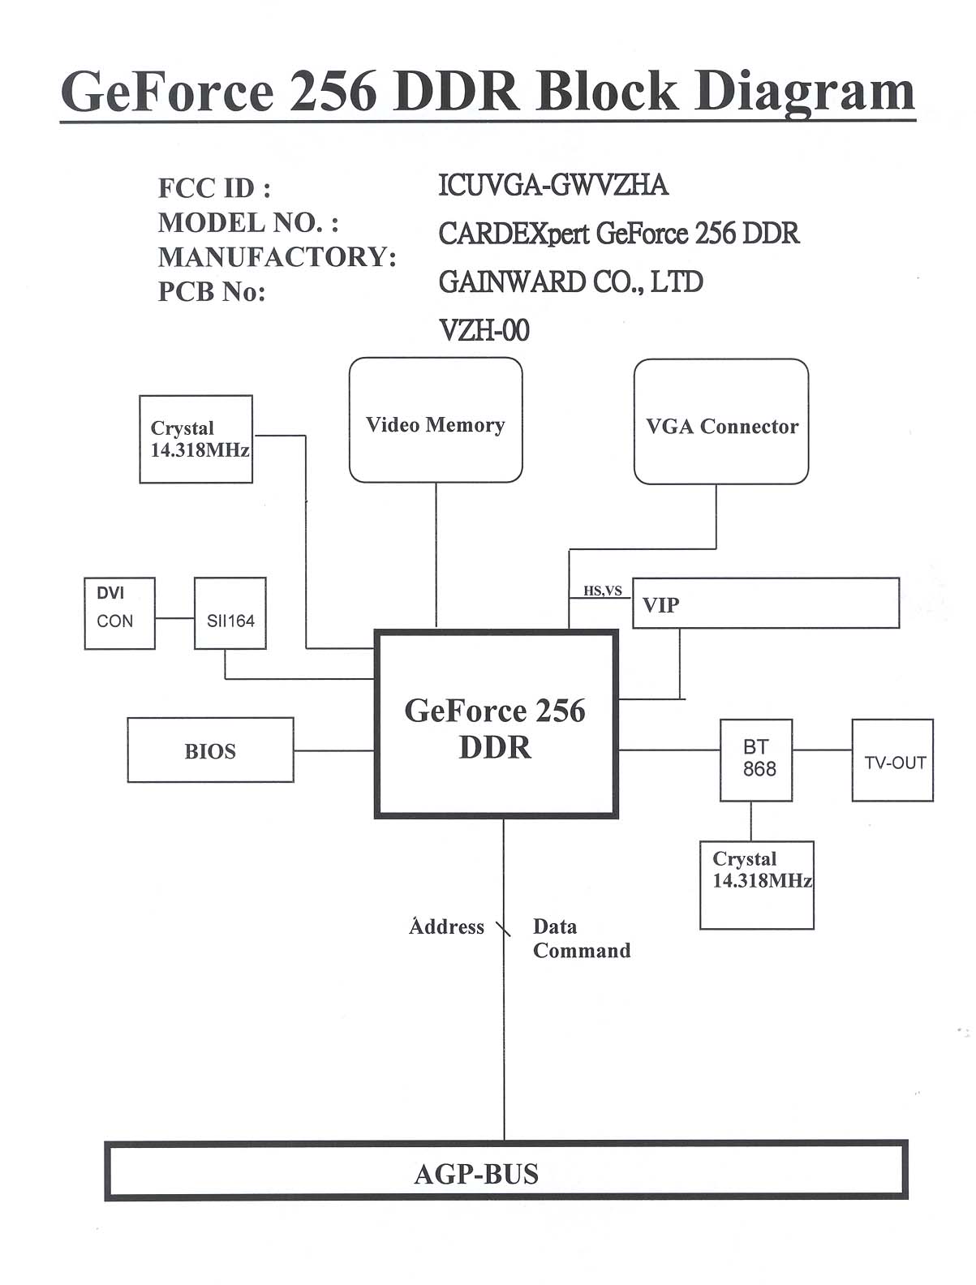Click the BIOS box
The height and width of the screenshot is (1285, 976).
tap(210, 750)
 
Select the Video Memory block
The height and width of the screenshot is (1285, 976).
tap(436, 420)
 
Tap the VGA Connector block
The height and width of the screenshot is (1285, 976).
tap(721, 422)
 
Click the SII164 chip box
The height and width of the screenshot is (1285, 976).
tap(230, 614)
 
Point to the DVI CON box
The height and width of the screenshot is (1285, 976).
tap(119, 613)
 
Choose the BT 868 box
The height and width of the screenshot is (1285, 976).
tap(757, 759)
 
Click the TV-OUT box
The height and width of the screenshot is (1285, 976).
tap(892, 761)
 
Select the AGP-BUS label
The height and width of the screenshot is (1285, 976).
tap(476, 1174)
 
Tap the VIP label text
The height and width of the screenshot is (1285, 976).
tap(660, 605)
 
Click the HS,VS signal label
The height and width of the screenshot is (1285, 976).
tap(603, 591)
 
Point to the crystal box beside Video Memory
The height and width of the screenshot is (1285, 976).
tap(196, 439)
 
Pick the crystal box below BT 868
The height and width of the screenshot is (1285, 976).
tap(757, 885)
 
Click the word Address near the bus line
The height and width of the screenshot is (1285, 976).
tap(446, 926)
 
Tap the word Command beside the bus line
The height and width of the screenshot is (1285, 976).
tap(582, 951)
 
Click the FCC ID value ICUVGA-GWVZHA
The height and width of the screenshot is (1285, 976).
tap(553, 186)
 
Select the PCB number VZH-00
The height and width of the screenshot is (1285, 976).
tap(484, 330)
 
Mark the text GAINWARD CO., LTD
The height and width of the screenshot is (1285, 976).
tap(570, 282)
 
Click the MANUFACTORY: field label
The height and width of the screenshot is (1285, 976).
tap(277, 257)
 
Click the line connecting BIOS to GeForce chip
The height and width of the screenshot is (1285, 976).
tap(333, 750)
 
